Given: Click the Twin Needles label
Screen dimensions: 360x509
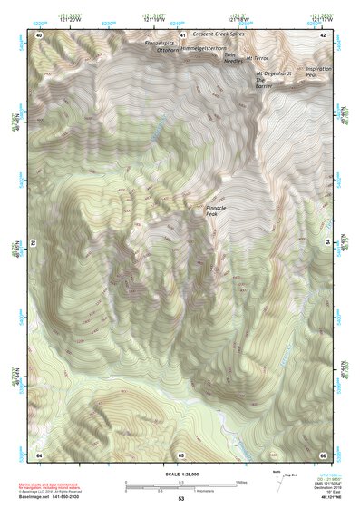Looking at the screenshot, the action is click(x=234, y=59).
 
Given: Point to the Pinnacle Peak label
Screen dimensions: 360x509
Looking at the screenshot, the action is click(x=219, y=210).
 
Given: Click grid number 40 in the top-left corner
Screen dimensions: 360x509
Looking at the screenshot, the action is click(x=39, y=34).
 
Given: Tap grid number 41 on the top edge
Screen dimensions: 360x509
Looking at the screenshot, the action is click(x=182, y=34).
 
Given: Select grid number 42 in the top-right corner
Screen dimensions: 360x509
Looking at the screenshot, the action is click(x=324, y=34).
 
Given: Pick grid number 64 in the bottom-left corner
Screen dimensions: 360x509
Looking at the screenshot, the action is click(x=39, y=454).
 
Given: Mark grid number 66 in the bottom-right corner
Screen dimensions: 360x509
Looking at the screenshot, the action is click(x=323, y=454).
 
